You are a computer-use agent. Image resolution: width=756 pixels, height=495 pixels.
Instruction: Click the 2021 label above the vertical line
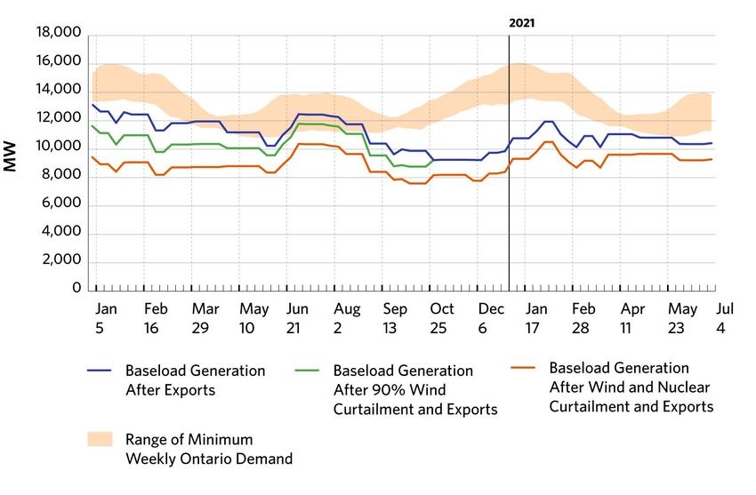pyautogui.click(x=521, y=22)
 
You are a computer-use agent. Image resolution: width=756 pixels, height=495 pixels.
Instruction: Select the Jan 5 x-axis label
pyautogui.click(x=105, y=317)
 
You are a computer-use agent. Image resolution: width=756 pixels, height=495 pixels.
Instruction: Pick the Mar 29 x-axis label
pyautogui.click(x=205, y=317)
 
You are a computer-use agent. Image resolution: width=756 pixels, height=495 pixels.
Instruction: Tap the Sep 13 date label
pyautogui.click(x=395, y=317)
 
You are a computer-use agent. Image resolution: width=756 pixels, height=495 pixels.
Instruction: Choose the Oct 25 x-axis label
pyautogui.click(x=441, y=317)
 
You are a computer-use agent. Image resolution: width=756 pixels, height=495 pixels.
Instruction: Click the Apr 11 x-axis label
pyautogui.click(x=632, y=317)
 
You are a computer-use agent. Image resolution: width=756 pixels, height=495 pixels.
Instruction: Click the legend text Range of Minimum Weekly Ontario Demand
pyautogui.click(x=209, y=449)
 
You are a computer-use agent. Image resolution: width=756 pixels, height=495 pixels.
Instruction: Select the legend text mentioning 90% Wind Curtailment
pyautogui.click(x=414, y=389)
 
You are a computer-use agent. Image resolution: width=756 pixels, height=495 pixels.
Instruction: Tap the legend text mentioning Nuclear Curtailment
pyautogui.click(x=631, y=387)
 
